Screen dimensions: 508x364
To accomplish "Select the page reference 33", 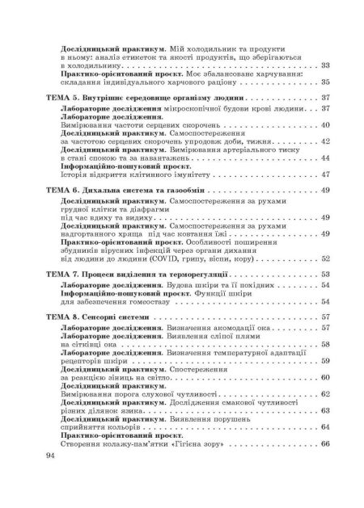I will pyautogui.click(x=325, y=66).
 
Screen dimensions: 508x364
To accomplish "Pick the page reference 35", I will pyautogui.click(x=325, y=82).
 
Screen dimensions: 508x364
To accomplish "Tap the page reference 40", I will pyautogui.click(x=325, y=125).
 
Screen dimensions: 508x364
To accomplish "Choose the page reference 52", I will pyautogui.click(x=325, y=258).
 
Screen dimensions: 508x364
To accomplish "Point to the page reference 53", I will pyautogui.click(x=325, y=275).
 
